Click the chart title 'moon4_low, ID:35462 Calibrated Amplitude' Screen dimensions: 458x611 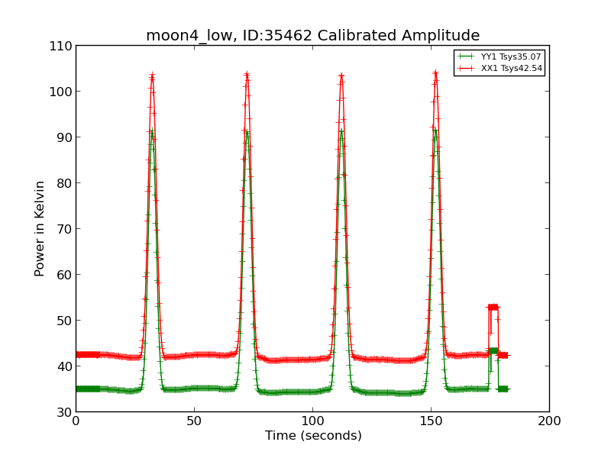coord(312,36)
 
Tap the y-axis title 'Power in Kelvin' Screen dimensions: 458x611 coord(40,228)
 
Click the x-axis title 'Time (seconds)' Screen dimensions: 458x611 coord(313,436)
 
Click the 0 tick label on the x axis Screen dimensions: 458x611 coord(76,421)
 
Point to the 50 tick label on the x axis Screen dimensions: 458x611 coord(194,421)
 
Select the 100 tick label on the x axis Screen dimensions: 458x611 coord(312,421)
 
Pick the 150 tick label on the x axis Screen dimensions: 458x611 coord(431,421)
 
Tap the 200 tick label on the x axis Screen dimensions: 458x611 coord(548,421)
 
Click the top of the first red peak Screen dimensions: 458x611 coord(152,76)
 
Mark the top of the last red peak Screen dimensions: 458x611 coord(435,73)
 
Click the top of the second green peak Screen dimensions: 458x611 coord(247,131)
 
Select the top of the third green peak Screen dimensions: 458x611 coord(341,130)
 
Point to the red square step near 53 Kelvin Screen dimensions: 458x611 coord(493,307)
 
